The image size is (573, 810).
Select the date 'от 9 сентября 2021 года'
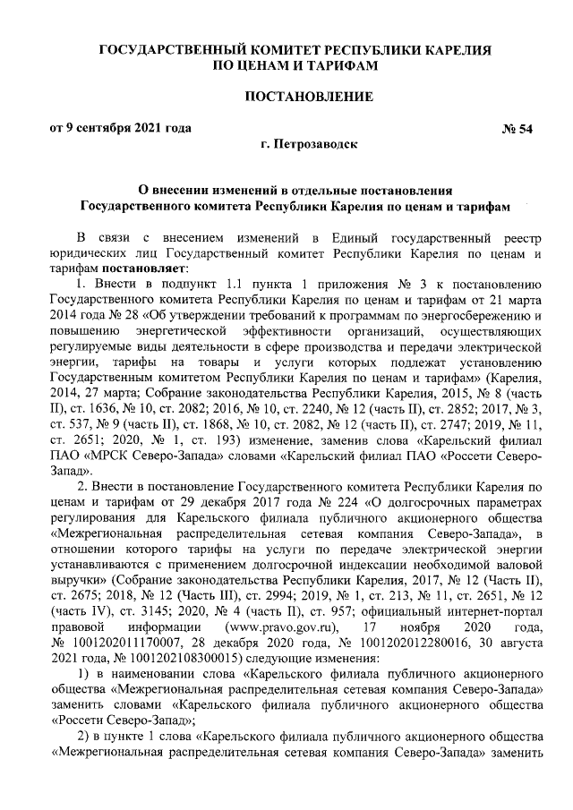pos(120,128)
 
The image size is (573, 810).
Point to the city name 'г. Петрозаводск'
pos(308,143)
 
